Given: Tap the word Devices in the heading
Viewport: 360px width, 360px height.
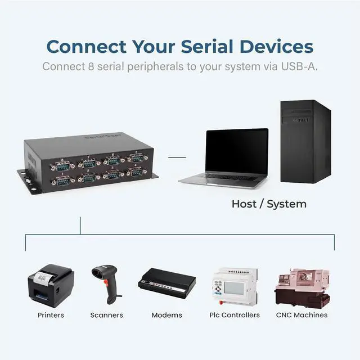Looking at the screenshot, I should pyautogui.click(x=277, y=46).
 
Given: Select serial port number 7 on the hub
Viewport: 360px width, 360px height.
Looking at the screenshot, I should pyautogui.click(x=88, y=163).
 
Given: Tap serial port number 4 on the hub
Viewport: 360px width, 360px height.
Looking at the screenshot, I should pyautogui.click(x=136, y=172).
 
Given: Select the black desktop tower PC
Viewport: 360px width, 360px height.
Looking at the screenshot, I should pyautogui.click(x=305, y=141).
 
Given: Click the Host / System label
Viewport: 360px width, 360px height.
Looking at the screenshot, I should pyautogui.click(x=269, y=204).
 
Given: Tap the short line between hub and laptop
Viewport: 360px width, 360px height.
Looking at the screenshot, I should pyautogui.click(x=177, y=158).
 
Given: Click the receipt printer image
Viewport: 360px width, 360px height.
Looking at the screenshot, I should pyautogui.click(x=51, y=285).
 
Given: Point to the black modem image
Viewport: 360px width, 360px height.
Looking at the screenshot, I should pyautogui.click(x=167, y=283).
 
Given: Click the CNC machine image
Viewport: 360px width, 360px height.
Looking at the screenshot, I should pyautogui.click(x=301, y=287).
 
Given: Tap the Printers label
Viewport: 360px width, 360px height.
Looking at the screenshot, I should pyautogui.click(x=51, y=315).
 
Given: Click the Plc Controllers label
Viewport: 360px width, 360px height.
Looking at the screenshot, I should pyautogui.click(x=235, y=315).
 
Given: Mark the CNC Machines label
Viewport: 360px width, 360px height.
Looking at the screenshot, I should pyautogui.click(x=301, y=315).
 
